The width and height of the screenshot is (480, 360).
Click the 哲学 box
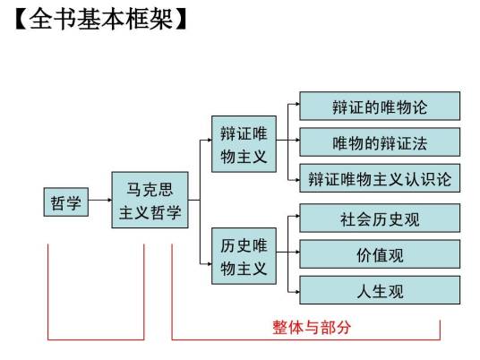[66, 203]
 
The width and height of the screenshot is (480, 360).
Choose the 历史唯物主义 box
[244, 256]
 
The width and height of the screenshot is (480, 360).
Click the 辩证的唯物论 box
[380, 107]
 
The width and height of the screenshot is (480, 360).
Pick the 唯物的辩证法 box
[380, 142]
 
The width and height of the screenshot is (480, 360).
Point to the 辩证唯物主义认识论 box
[380, 178]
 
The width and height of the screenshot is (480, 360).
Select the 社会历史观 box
[380, 219]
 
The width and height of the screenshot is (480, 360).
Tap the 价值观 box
[380, 254]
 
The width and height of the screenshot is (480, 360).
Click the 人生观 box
[380, 290]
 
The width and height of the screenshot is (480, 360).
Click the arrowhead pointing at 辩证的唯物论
[296, 106]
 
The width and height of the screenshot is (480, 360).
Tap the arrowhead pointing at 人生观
[296, 291]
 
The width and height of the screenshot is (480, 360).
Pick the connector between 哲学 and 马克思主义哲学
[100, 203]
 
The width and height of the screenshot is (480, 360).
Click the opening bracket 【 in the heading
[21, 20]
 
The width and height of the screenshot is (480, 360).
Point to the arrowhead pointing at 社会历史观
[296, 217]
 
